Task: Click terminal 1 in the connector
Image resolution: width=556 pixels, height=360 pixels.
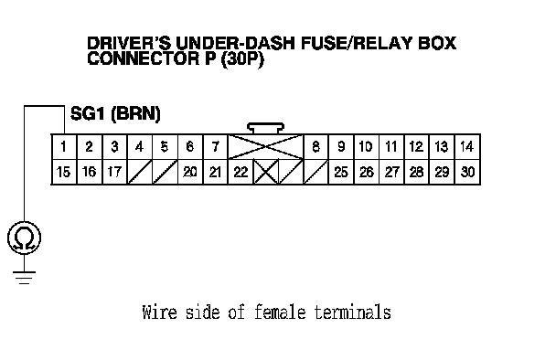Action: (x=64, y=147)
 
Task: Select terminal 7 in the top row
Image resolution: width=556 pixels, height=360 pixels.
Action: (x=215, y=147)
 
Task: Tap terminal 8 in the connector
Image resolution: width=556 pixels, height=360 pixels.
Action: (x=315, y=147)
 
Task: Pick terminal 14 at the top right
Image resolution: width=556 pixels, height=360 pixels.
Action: (x=467, y=147)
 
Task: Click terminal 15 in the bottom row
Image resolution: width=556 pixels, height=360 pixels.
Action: (x=64, y=172)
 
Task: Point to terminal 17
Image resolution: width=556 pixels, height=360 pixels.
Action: (x=114, y=172)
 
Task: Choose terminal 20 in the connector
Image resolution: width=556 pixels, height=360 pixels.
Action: (x=190, y=172)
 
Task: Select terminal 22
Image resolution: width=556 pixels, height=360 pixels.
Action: (x=241, y=172)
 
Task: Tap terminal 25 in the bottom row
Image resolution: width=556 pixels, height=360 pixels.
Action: (x=341, y=172)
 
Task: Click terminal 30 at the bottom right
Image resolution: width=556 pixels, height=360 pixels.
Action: (x=467, y=172)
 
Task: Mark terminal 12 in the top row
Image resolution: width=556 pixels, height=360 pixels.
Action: (x=417, y=147)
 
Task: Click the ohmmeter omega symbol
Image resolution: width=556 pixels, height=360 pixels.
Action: (x=24, y=238)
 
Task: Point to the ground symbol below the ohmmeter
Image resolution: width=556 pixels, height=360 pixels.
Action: (x=24, y=278)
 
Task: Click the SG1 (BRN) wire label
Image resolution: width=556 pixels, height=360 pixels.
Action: (x=115, y=113)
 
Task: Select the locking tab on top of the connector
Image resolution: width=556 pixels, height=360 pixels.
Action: (x=265, y=128)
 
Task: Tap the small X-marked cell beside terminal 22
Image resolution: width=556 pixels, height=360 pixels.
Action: (x=266, y=172)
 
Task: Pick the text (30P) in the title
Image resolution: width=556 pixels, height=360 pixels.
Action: (x=242, y=59)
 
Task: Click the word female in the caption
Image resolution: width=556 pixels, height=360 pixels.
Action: (x=280, y=312)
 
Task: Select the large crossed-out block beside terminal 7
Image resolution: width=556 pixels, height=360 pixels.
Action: (x=265, y=147)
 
